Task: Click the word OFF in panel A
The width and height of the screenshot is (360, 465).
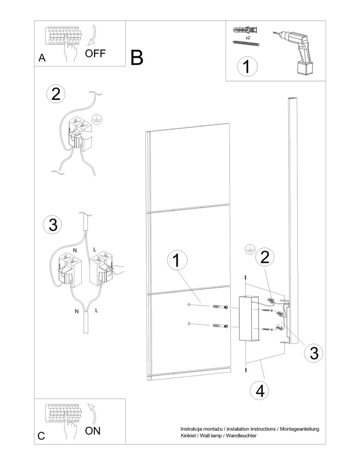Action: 95,53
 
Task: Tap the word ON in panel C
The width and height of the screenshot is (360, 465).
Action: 93,431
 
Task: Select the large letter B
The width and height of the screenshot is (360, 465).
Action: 137,58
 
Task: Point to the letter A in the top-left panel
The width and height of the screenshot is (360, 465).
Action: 42,58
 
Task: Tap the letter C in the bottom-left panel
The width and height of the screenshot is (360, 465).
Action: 41,436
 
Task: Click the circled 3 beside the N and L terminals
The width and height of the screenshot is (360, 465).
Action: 53,225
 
